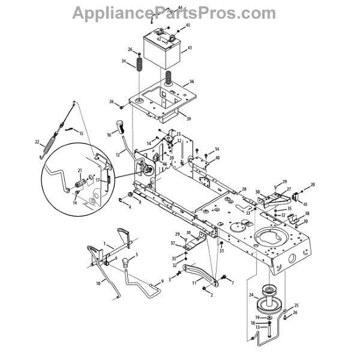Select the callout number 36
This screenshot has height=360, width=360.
191,82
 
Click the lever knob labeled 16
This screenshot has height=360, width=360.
119,127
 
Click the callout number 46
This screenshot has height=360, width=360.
148,163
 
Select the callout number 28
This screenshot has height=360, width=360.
244,189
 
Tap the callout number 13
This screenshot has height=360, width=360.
258,327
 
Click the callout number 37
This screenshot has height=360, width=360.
172,243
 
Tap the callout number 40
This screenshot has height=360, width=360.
217,158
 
